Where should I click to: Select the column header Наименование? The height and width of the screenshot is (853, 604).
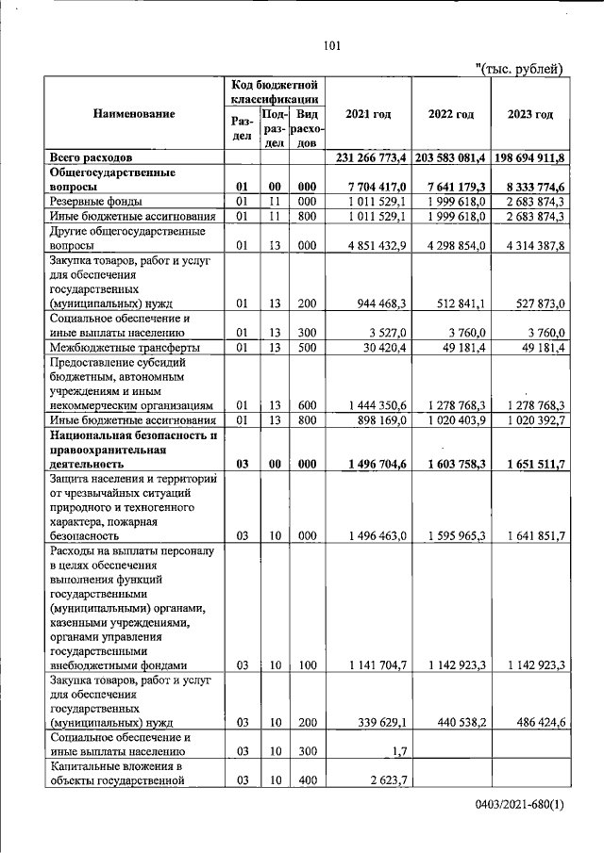point(134,114)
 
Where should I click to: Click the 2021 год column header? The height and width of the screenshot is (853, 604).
point(368,114)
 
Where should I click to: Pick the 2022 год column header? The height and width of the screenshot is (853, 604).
point(450,114)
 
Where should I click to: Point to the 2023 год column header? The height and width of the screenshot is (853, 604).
point(530,114)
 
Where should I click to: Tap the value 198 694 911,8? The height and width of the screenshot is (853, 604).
point(530,156)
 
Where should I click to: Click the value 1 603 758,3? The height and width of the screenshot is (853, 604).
point(456,464)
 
